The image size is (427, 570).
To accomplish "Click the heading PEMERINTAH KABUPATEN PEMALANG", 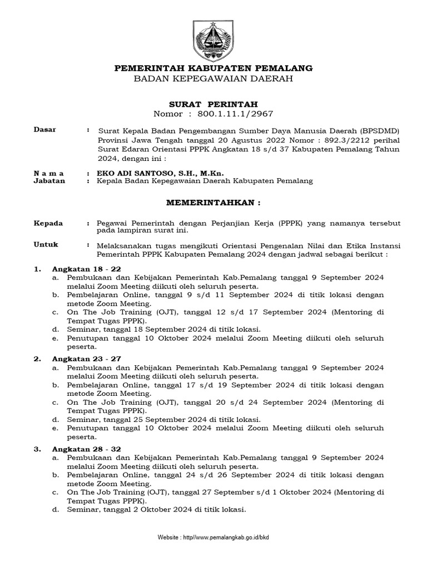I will [213, 68].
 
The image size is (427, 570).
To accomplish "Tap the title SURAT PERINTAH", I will [213, 104].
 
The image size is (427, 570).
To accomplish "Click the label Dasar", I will [45, 130].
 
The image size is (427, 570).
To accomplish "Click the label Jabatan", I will [49, 181].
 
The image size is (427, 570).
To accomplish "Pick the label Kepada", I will [48, 223].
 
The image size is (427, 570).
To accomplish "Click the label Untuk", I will [46, 244].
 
